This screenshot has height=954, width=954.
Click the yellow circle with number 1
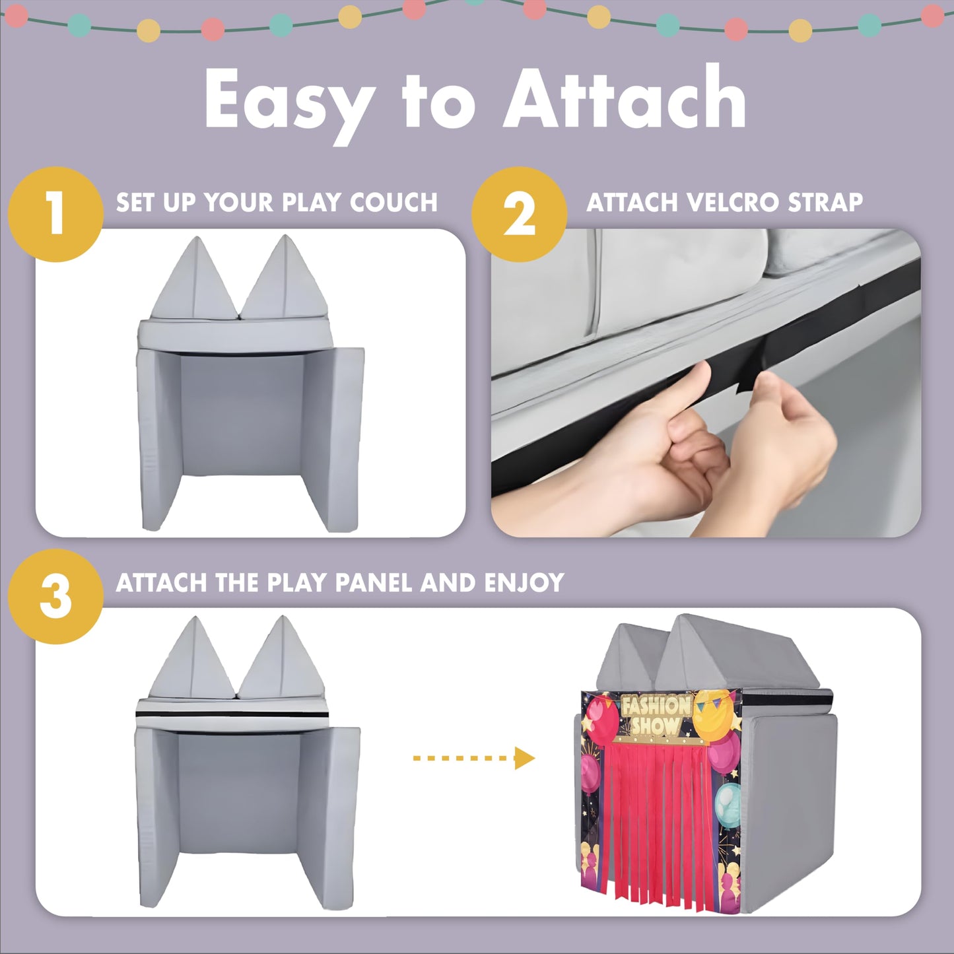click(x=56, y=215)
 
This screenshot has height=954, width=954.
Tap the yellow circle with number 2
click(x=520, y=215)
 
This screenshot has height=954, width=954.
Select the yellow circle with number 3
click(x=56, y=597)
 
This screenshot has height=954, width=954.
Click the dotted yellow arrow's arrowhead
click(x=526, y=759)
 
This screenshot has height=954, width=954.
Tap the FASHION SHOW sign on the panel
click(x=656, y=714)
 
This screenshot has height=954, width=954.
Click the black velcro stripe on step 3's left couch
click(x=232, y=715)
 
